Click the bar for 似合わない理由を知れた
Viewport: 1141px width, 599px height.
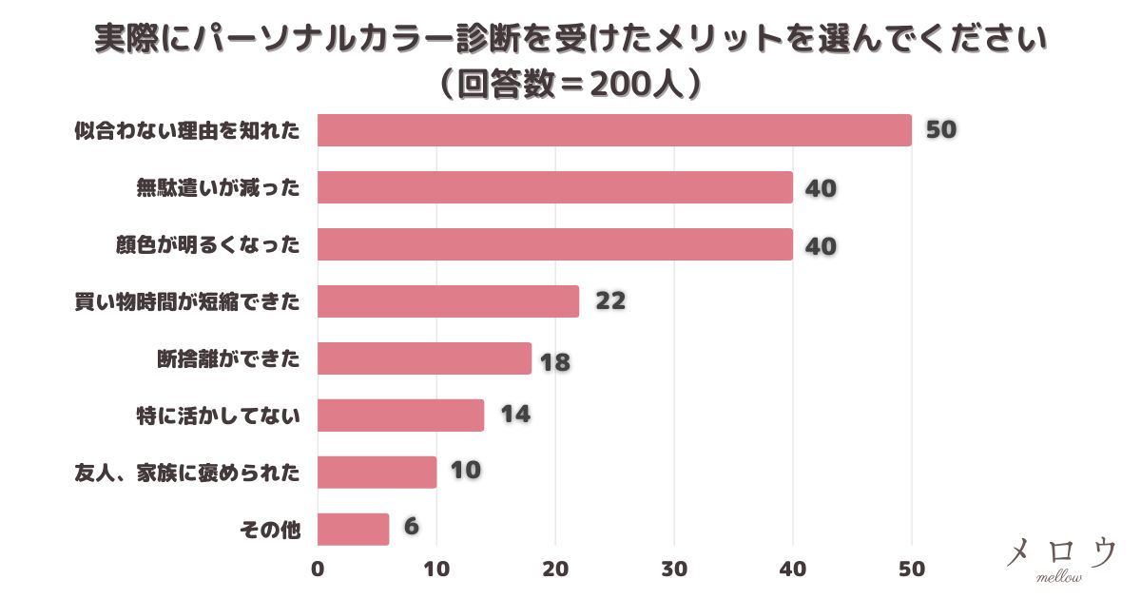point(614,130)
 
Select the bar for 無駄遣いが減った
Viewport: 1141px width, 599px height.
point(555,187)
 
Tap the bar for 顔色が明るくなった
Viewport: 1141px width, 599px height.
point(555,244)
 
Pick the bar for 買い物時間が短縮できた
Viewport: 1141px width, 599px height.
point(448,301)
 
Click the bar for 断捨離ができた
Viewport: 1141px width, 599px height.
point(424,358)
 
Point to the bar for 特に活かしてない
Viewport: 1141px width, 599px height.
point(400,415)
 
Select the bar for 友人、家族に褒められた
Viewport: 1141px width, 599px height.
point(377,473)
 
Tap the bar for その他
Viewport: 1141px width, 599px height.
point(353,530)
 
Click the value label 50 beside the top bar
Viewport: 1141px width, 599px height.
point(940,130)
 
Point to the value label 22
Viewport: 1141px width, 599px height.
point(610,301)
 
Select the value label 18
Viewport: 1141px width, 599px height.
point(554,362)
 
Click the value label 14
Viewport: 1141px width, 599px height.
point(514,415)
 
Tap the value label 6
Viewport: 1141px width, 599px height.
point(411,527)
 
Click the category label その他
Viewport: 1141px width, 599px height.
point(272,531)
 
